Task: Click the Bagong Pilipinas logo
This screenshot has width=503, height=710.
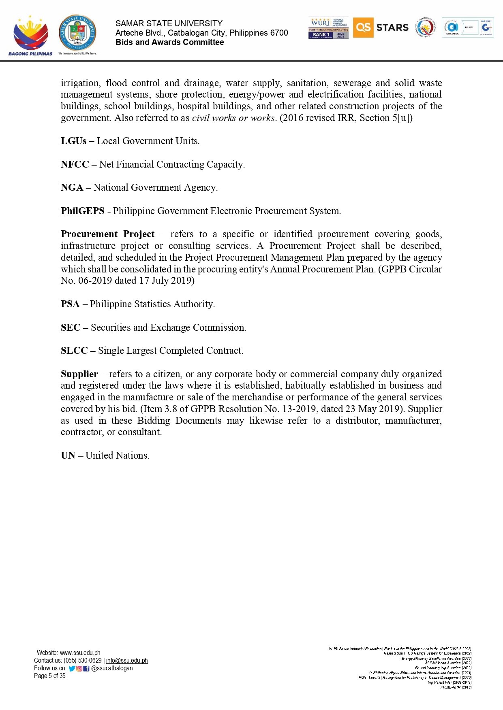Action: pos(30,36)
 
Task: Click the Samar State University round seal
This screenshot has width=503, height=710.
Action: pos(77,34)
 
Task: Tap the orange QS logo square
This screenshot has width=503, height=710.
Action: pos(363,28)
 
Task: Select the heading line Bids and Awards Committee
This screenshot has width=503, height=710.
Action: pos(169,42)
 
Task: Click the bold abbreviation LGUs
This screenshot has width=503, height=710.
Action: pos(73,141)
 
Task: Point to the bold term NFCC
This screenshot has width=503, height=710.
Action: pos(75,164)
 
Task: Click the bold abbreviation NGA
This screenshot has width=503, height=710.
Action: pos(72,187)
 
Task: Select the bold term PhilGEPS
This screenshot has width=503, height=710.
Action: pos(82,211)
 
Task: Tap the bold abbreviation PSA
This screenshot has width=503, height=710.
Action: pos(70,304)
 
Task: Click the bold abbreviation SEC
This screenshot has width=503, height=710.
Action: pos(71,327)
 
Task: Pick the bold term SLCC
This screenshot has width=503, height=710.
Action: pos(74,351)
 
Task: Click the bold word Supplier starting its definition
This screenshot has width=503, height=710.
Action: pos(79,374)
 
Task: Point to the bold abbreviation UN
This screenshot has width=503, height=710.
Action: pos(68,455)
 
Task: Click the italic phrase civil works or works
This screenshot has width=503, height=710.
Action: pos(233,118)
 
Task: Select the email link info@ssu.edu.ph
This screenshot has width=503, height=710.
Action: pos(127,660)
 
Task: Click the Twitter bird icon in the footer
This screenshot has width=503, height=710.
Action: pos(72,668)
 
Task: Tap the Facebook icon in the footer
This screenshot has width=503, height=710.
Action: pos(86,668)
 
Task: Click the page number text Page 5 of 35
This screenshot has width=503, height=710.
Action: pos(49,676)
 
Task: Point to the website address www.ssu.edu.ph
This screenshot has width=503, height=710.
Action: pos(80,653)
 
